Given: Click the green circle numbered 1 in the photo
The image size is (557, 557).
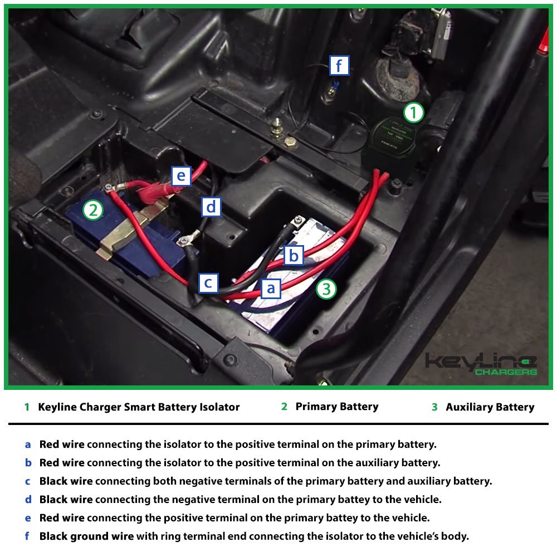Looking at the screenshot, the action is [413, 113].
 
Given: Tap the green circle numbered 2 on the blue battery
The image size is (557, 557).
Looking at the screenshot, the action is [93, 210].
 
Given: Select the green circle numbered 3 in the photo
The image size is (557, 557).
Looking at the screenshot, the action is [326, 289].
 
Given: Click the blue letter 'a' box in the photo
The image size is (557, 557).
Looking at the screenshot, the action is [271, 289].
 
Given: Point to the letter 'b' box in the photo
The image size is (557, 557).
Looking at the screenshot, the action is [294, 256].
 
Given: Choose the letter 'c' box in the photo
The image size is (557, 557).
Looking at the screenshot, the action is [208, 283].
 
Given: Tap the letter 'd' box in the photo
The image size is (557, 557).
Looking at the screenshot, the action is [211, 207].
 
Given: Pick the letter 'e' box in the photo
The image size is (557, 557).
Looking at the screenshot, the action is [180, 177].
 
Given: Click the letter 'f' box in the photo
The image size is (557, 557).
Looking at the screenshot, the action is [339, 66].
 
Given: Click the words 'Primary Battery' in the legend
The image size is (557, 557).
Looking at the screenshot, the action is [336, 407].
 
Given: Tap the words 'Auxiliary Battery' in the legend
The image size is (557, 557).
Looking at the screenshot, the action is [490, 407].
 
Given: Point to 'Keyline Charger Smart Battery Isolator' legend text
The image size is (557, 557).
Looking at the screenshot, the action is [139, 407].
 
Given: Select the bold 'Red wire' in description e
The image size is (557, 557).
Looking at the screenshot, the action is [62, 518].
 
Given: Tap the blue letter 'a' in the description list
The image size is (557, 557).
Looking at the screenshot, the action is [28, 445].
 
